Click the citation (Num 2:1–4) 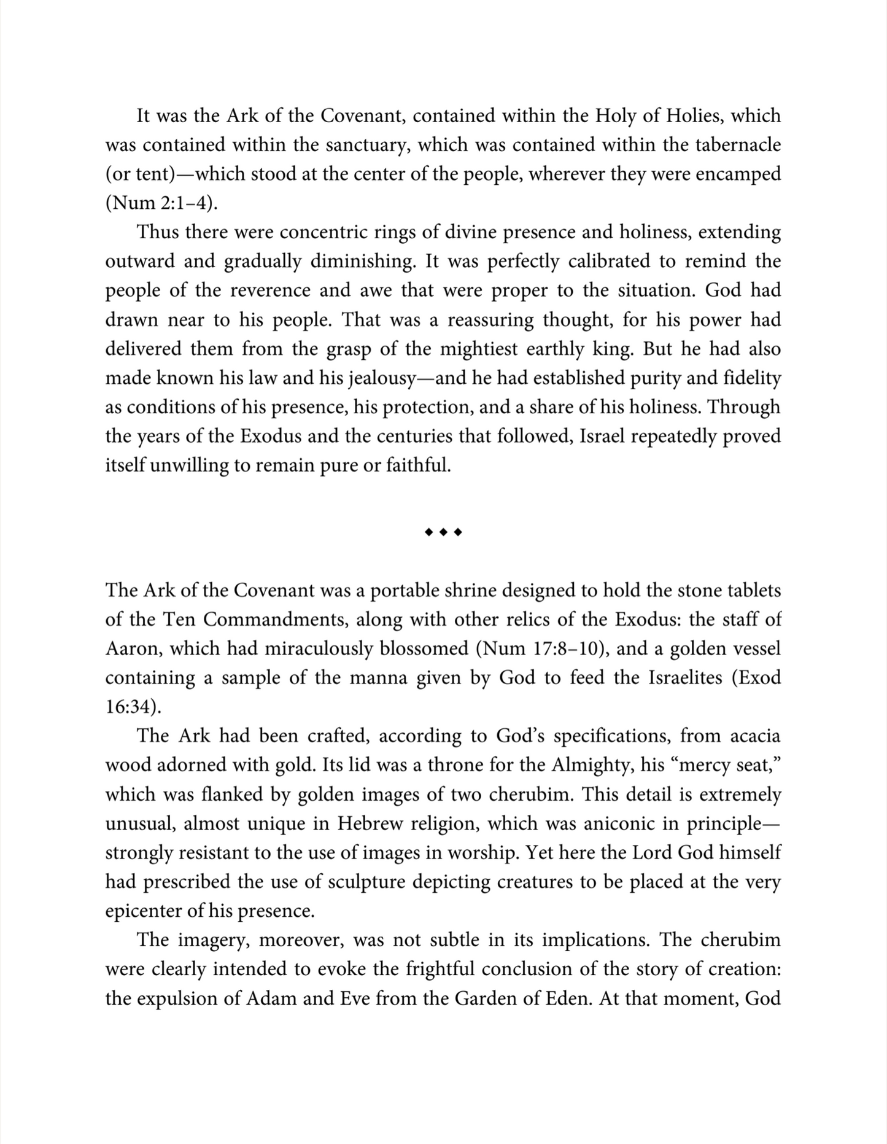162,204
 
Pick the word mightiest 482,349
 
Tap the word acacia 754,736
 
